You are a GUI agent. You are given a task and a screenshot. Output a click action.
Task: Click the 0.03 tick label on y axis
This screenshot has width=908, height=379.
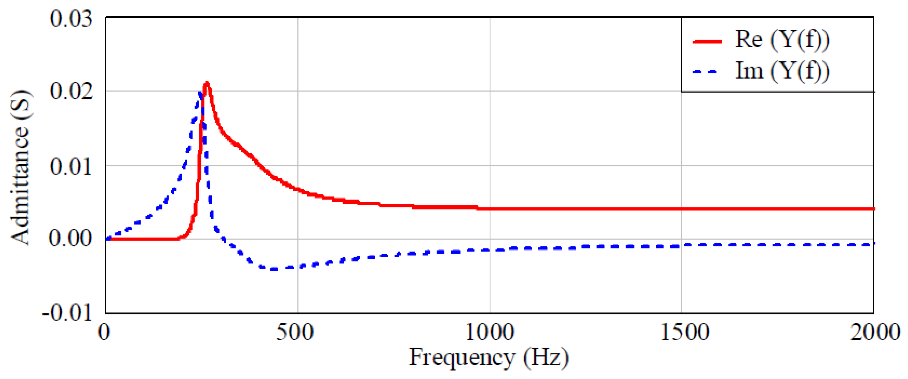click(71, 18)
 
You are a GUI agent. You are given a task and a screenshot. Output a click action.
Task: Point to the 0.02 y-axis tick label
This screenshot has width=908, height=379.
click(71, 91)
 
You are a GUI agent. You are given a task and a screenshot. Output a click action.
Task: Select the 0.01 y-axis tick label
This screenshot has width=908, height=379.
click(71, 166)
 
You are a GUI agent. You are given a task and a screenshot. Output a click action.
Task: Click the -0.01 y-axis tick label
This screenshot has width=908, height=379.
click(67, 312)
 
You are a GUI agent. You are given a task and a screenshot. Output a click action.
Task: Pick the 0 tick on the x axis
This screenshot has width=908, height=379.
click(104, 332)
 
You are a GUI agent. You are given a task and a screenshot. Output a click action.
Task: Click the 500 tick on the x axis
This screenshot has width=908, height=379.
click(295, 332)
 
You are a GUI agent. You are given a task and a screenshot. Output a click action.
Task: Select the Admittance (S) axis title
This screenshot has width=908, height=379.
click(20, 167)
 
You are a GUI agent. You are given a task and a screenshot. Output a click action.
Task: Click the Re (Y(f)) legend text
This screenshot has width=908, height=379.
click(782, 39)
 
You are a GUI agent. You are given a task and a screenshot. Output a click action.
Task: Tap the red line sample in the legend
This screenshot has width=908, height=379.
click(707, 41)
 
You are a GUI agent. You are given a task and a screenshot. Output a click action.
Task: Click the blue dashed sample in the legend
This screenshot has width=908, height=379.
click(705, 72)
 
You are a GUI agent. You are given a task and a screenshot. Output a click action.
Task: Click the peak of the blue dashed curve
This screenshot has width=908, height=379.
click(200, 93)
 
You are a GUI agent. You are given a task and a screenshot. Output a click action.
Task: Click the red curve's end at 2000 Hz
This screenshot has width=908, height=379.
click(873, 209)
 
